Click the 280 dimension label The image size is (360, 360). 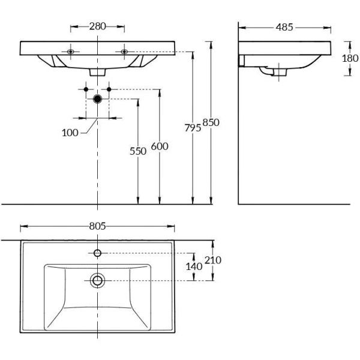click(x=98, y=26)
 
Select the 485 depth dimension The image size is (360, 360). click(x=285, y=27)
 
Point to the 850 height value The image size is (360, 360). click(x=211, y=122)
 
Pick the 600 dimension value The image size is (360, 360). click(x=160, y=146)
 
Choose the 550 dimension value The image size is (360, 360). click(x=138, y=151)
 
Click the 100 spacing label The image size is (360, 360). click(x=70, y=133)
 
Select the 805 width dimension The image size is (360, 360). click(x=98, y=226)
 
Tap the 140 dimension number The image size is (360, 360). click(x=193, y=266)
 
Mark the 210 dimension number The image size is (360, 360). click(x=213, y=260)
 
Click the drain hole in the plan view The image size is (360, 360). click(x=98, y=280)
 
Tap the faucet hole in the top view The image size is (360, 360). click(x=98, y=252)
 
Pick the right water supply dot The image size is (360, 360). click(x=109, y=89)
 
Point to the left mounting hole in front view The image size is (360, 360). click(x=71, y=52)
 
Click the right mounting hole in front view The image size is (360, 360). click(x=125, y=52)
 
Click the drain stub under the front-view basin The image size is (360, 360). click(x=98, y=71)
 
